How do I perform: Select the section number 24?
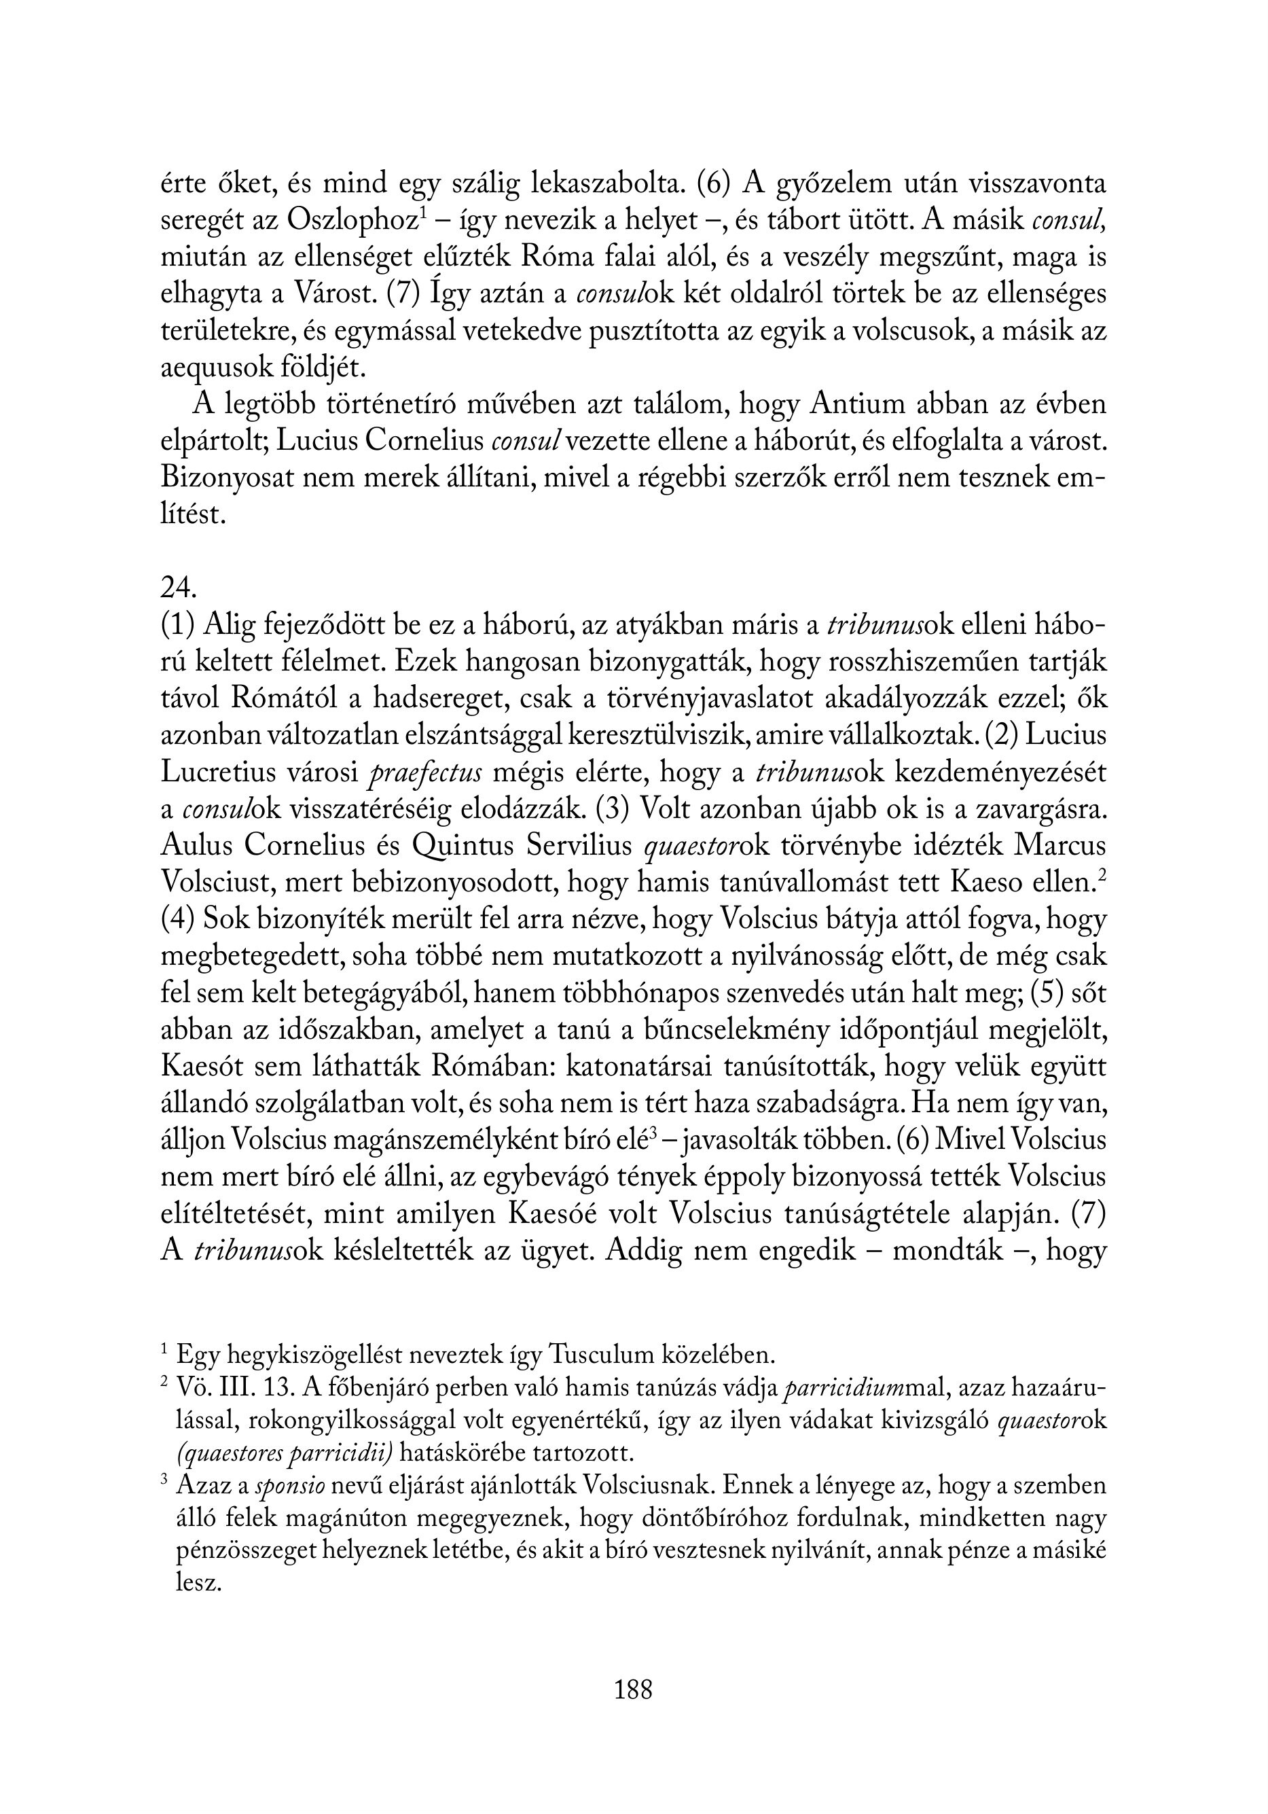[178, 588]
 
